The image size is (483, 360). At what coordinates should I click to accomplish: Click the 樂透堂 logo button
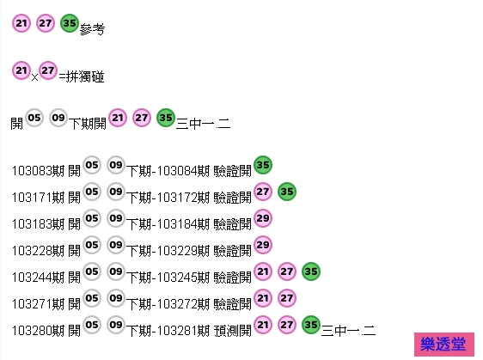tap(443, 345)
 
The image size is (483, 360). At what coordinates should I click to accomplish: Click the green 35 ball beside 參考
tap(70, 23)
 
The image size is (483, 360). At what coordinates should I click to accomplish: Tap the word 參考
tap(92, 29)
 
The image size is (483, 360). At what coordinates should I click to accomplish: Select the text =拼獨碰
tap(82, 76)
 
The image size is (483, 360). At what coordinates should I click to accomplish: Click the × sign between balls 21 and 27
tap(34, 77)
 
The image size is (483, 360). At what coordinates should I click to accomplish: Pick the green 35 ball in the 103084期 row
tap(263, 165)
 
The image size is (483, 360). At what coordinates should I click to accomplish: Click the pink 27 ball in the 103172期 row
tap(263, 192)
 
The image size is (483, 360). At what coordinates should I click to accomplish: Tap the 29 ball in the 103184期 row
tap(263, 218)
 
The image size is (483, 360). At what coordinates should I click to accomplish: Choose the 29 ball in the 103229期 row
tap(263, 245)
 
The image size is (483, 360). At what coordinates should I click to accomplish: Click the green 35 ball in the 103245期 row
tap(311, 272)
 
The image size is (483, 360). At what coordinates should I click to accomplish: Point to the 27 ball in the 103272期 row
tap(287, 298)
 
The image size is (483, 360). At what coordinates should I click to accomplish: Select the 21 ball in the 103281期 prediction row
tap(263, 325)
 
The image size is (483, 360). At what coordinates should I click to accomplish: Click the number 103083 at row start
tap(32, 171)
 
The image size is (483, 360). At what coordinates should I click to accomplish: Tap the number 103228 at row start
tap(32, 251)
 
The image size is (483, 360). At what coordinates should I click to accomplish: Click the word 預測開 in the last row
tap(233, 331)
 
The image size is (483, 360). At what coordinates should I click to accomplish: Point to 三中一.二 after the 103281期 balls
tap(348, 331)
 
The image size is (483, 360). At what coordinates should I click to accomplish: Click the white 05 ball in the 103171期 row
tap(92, 192)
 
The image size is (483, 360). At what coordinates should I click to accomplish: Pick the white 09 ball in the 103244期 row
tap(116, 272)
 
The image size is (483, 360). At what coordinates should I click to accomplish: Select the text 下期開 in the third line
tap(88, 124)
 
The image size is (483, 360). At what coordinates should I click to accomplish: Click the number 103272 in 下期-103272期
tap(177, 304)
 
